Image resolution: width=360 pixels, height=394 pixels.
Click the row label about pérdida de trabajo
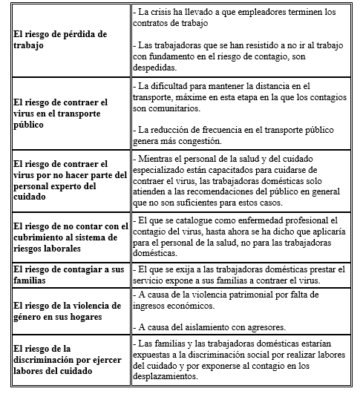coord(61,39)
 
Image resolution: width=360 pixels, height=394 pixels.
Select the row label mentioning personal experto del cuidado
coord(61,180)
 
